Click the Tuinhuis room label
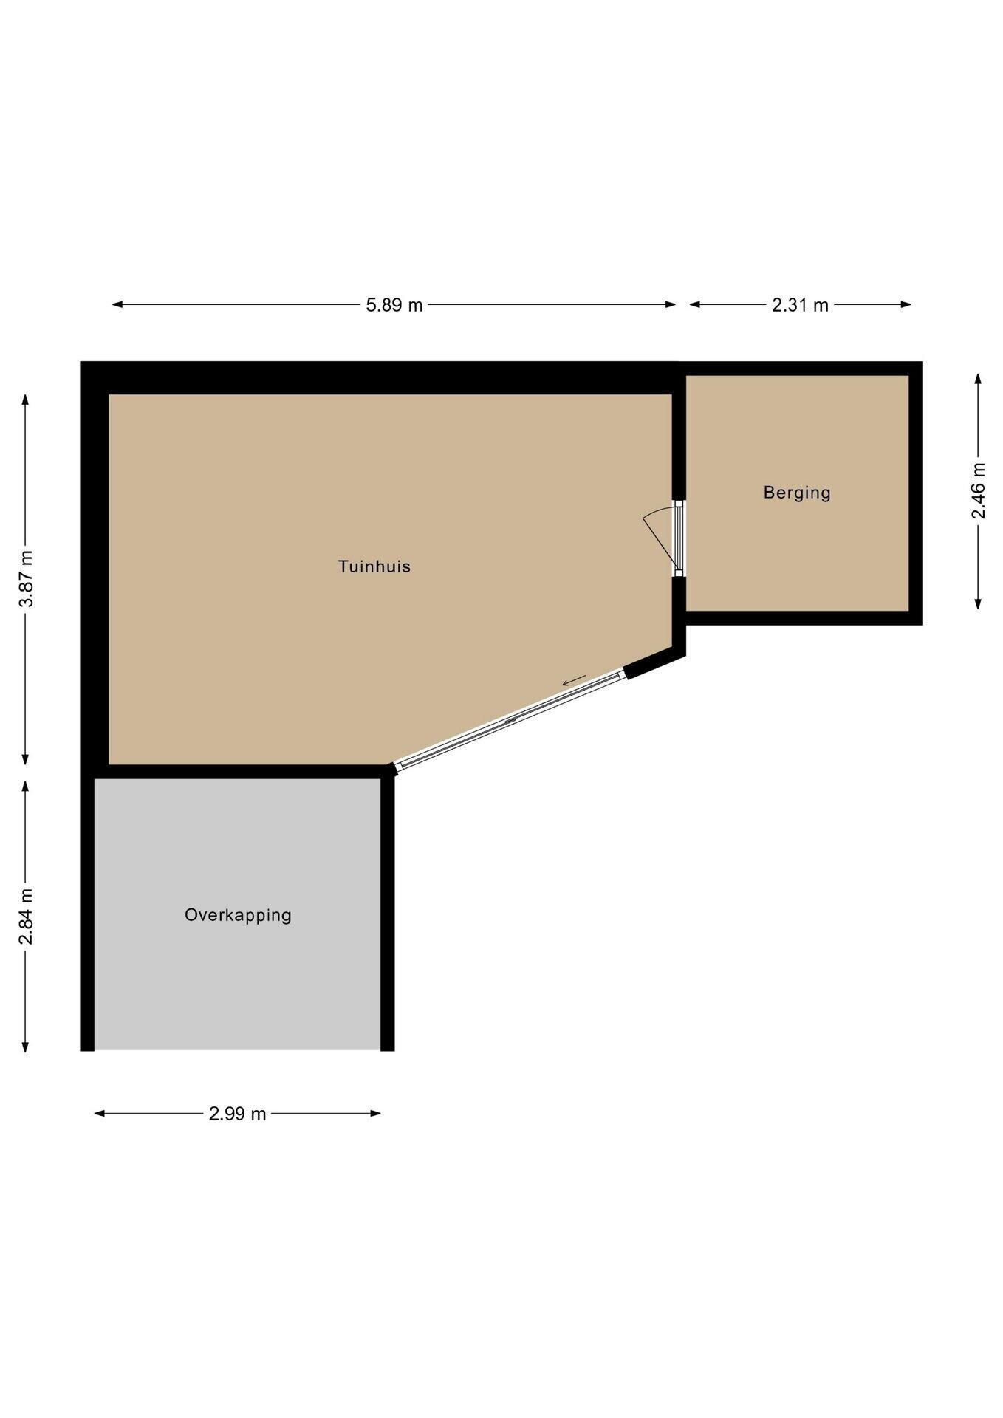(x=374, y=566)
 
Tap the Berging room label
(x=797, y=493)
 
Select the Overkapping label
(x=238, y=915)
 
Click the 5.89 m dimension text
(x=394, y=304)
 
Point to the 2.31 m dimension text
(x=800, y=304)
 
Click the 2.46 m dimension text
(x=979, y=491)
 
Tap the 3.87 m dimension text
(x=26, y=579)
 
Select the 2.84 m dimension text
(x=26, y=916)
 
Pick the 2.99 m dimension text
(x=237, y=1114)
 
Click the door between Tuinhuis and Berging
(x=678, y=538)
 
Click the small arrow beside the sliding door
(x=574, y=679)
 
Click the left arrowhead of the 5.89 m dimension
(x=117, y=304)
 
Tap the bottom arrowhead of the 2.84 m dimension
(x=26, y=1047)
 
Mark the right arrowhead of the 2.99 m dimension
(x=376, y=1114)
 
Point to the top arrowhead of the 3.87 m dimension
(x=26, y=400)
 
